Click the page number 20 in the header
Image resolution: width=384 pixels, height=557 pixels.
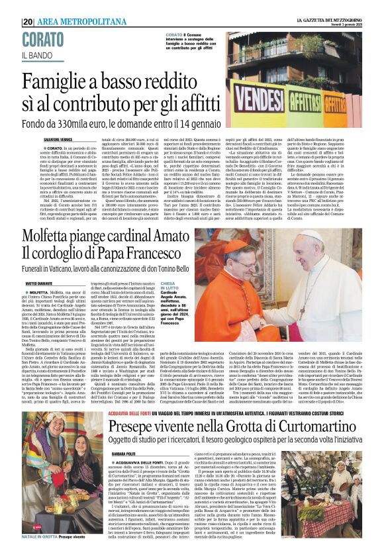[x=28, y=21]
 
